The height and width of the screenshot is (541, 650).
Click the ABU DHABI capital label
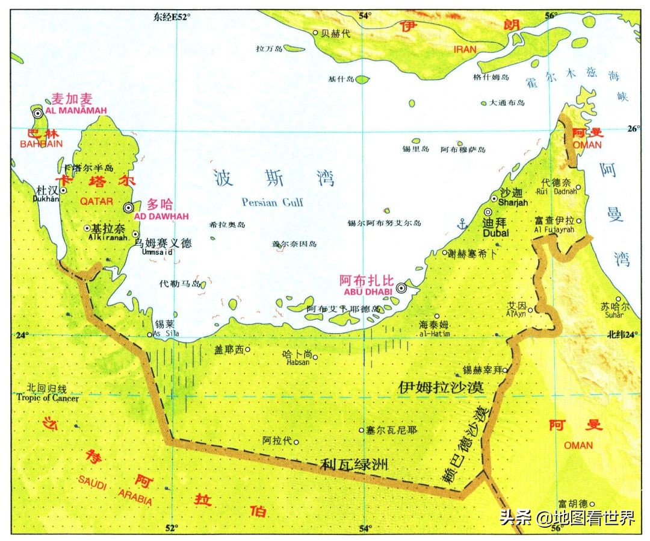pos(368,292)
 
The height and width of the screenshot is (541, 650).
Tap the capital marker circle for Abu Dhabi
pos(401,289)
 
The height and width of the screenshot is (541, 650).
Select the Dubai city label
pos(495,233)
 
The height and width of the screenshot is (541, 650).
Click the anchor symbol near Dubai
pos(462,225)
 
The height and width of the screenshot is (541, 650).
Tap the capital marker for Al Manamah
pos(38,113)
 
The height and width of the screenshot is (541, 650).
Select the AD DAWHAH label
pos(161,216)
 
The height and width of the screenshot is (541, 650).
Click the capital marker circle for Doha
pos(128,208)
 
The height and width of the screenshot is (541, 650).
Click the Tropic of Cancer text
pos(48,398)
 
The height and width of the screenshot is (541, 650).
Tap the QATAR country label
pos(96,201)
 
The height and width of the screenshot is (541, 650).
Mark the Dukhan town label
pos(48,197)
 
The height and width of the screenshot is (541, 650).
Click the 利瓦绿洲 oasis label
pos(354,464)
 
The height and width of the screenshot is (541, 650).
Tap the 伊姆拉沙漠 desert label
pos(441,387)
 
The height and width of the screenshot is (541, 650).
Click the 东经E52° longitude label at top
pos(172,17)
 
